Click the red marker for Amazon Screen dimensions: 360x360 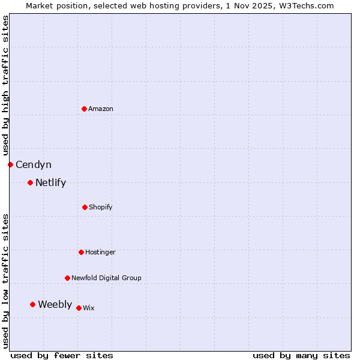click(85, 109)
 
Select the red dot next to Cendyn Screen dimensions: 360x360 click(10, 164)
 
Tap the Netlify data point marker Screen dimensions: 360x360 click(30, 182)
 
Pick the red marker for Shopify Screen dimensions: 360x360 click(85, 207)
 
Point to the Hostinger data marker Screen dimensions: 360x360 click(81, 252)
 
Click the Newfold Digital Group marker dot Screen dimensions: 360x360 click(67, 278)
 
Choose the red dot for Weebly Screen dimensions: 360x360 click(32, 304)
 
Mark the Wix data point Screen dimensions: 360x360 click(79, 308)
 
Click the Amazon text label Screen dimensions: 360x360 click(101, 109)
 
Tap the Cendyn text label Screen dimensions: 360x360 click(34, 164)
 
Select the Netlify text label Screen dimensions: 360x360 click(50, 182)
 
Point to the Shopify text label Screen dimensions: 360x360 click(101, 207)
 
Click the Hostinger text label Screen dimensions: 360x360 click(100, 252)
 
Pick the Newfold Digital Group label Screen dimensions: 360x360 click(106, 278)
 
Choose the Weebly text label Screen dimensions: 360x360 click(55, 304)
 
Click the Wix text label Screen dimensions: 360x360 click(89, 308)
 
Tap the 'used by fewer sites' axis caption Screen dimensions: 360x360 click(62, 355)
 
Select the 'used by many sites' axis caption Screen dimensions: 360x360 click(301, 355)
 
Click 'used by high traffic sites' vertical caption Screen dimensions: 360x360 click(5, 85)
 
